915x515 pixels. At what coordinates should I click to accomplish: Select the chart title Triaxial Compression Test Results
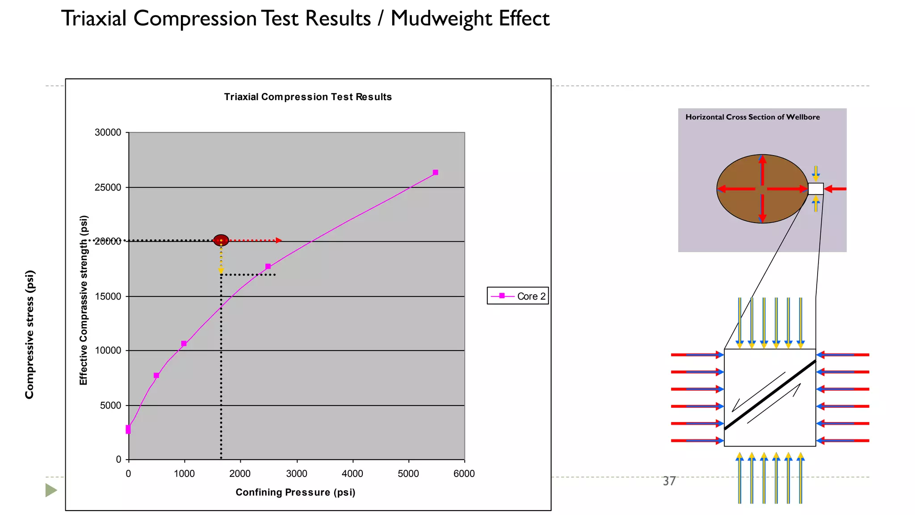point(308,97)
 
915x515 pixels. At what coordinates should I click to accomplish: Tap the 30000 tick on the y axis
point(108,132)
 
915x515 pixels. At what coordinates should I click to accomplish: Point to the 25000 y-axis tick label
point(108,187)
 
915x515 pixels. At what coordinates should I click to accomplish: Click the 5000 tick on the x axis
point(408,474)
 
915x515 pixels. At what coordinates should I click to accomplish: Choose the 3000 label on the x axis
point(297,474)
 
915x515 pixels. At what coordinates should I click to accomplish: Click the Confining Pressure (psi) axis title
point(295,492)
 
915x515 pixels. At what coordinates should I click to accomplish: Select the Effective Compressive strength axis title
point(84,300)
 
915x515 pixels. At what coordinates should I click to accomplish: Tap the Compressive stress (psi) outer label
point(29,334)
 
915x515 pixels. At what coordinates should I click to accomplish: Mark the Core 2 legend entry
point(518,296)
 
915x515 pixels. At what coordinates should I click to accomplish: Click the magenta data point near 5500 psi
point(436,173)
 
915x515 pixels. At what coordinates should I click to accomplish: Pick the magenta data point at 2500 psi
point(268,266)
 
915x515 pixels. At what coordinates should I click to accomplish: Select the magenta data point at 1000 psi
point(184,344)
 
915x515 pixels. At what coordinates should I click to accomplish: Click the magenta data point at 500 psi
point(156,376)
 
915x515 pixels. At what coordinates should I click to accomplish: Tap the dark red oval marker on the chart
point(221,240)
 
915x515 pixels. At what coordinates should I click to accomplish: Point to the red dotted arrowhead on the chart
point(279,241)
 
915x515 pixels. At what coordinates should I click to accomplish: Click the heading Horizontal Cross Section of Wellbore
point(752,117)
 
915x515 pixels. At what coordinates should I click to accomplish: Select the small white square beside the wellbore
point(816,189)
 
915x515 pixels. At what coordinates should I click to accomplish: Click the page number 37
point(669,481)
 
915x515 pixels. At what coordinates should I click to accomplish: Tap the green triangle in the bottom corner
point(51,490)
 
